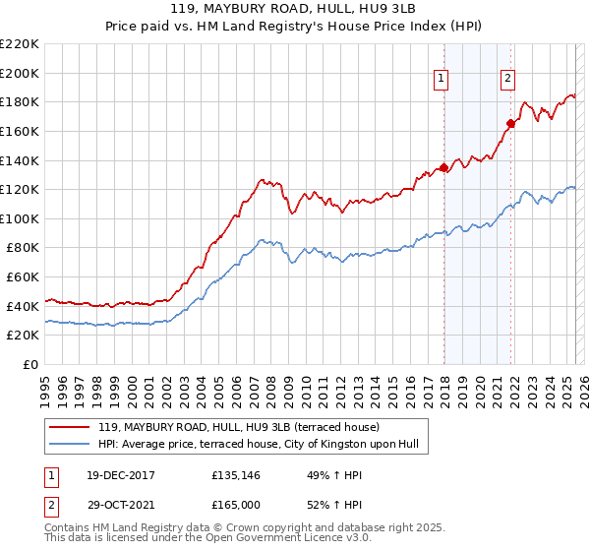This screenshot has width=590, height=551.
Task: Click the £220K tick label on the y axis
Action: [20, 43]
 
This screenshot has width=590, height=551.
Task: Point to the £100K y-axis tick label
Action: [20, 218]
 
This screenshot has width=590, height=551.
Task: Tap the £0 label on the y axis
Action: [30, 364]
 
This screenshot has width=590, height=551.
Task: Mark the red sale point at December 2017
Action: [443, 167]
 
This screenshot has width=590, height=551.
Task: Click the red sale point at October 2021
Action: [510, 124]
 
